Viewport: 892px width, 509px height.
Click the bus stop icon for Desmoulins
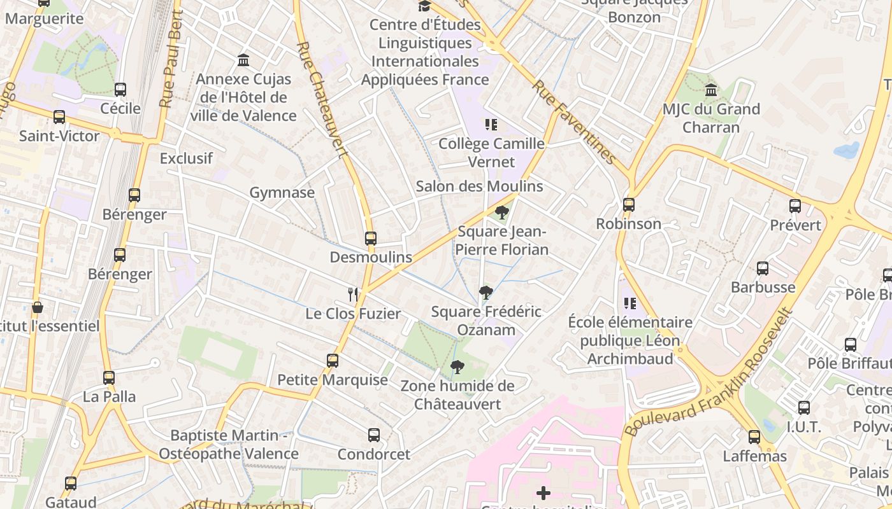[x=371, y=239]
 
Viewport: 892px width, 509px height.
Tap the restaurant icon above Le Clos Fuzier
[x=354, y=294]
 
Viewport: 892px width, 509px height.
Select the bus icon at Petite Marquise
[x=333, y=361]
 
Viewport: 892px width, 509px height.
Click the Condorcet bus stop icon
[x=374, y=435]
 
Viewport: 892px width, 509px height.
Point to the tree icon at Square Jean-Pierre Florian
[x=502, y=212]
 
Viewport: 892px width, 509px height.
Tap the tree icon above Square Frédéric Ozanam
[x=486, y=293]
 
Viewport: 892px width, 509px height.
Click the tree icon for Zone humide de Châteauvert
[x=457, y=366]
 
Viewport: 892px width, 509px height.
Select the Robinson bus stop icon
[x=629, y=205]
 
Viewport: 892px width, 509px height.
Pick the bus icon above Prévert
[x=795, y=206]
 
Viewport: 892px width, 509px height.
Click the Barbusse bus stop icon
[x=763, y=268]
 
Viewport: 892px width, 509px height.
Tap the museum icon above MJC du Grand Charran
[x=711, y=90]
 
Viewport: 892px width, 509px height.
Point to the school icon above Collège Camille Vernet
[x=491, y=125]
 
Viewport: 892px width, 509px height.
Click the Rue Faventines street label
[x=573, y=122]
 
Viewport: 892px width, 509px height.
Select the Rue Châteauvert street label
[x=322, y=99]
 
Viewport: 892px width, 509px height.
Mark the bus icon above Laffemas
[x=754, y=437]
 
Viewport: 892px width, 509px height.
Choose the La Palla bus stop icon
[x=109, y=378]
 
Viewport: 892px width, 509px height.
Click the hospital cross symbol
[x=543, y=492]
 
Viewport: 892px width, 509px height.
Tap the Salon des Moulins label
[x=479, y=186]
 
